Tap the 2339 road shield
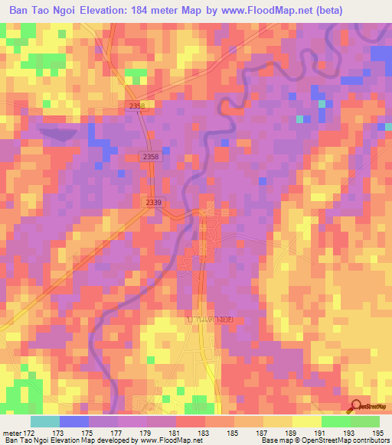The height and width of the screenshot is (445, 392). (154, 202)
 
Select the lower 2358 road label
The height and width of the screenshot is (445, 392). (151, 156)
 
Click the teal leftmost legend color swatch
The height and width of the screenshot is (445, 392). (45, 421)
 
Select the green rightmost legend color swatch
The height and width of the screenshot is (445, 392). (365, 421)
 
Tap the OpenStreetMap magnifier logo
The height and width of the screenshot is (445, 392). (355, 407)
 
